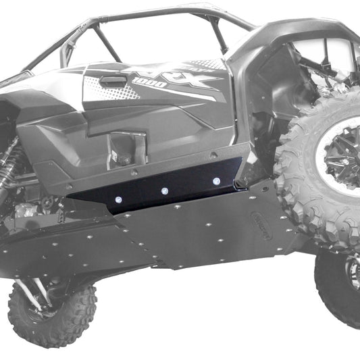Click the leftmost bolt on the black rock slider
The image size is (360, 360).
pyautogui.click(x=119, y=201)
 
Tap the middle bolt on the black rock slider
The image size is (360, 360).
pyautogui.click(x=164, y=192)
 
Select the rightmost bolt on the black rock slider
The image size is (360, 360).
pyautogui.click(x=215, y=182)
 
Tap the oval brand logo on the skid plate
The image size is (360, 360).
pyautogui.click(x=261, y=226)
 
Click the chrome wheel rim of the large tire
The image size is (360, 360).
pyautogui.click(x=344, y=155)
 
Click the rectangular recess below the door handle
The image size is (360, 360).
pyautogui.click(x=122, y=145)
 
